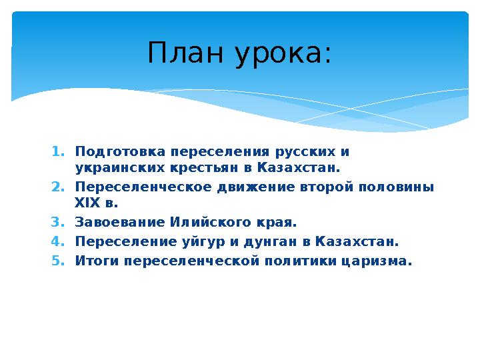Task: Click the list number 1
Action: (57, 151)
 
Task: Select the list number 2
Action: (57, 187)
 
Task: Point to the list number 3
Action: (57, 223)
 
